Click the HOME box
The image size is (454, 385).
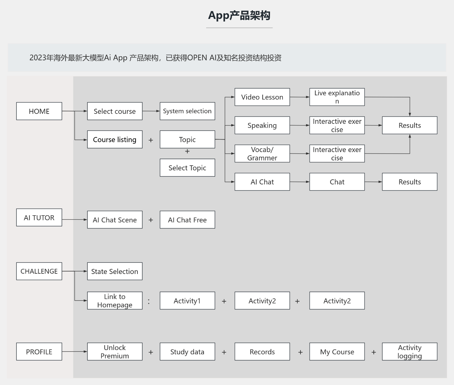(x=39, y=111)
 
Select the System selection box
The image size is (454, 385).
(x=187, y=111)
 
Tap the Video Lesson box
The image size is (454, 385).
(x=262, y=97)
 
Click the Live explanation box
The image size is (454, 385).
(x=337, y=97)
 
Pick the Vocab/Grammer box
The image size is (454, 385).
(x=262, y=153)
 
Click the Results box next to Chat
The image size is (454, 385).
(x=409, y=182)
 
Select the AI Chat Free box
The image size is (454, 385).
(x=187, y=220)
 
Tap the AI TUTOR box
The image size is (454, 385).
(x=39, y=218)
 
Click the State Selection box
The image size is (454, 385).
(x=115, y=271)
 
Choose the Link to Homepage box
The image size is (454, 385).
(x=115, y=301)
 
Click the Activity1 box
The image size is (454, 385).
(x=187, y=301)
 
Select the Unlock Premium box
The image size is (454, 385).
(x=115, y=352)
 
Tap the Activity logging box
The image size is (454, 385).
(x=409, y=352)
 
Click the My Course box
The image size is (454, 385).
(x=337, y=352)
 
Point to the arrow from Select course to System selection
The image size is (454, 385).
(x=151, y=111)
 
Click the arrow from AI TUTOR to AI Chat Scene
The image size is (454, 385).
(x=74, y=220)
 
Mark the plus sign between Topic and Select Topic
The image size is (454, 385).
(x=187, y=151)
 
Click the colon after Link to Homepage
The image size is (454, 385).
(x=149, y=301)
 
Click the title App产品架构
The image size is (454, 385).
(x=239, y=15)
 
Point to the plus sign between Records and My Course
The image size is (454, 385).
(x=300, y=352)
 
